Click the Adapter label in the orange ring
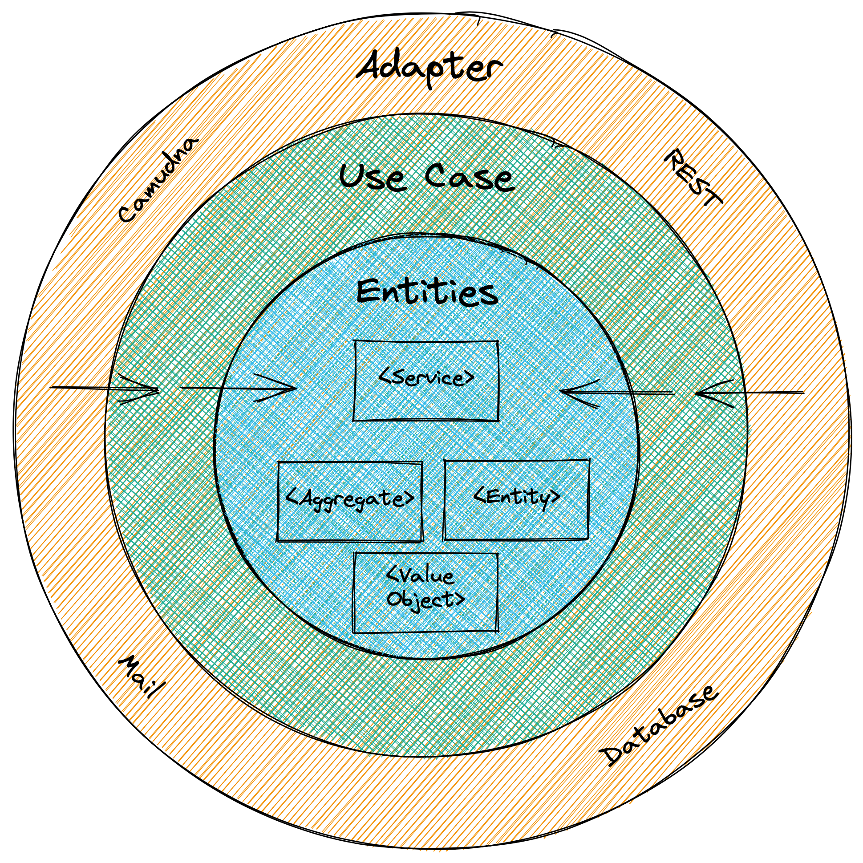(x=428, y=72)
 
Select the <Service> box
(x=425, y=380)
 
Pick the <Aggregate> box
(x=350, y=501)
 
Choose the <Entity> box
(x=516, y=499)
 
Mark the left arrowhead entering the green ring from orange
(x=154, y=390)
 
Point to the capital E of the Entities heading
(x=369, y=293)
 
